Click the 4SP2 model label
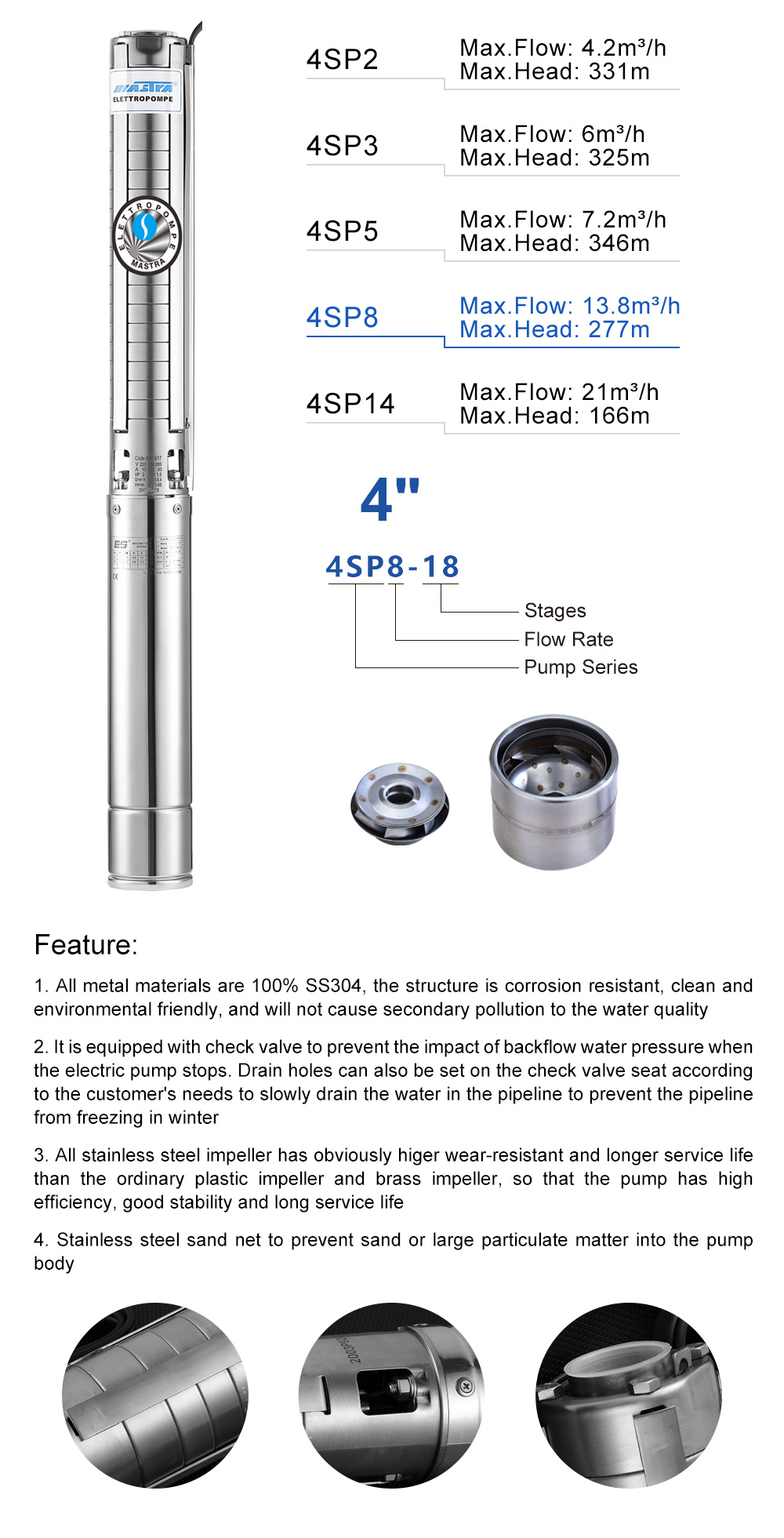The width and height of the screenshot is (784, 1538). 343,60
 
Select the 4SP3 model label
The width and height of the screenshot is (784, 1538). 343,146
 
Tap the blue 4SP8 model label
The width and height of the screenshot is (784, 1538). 343,318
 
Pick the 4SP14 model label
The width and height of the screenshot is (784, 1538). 350,404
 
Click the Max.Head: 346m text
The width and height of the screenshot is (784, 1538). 554,244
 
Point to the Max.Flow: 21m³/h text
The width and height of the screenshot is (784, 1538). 558,392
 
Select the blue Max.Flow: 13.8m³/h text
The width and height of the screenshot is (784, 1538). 569,306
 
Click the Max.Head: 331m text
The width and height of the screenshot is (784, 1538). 554,72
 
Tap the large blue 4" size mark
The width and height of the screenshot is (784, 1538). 390,500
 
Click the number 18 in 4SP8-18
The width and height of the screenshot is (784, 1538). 441,566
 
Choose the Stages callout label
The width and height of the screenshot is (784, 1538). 555,610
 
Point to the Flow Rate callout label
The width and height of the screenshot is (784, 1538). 568,639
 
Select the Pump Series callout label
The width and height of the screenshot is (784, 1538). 580,667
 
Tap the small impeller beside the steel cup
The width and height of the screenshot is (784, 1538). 400,803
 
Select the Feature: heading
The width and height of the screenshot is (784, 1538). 85,944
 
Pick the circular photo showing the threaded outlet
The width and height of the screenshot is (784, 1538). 628,1394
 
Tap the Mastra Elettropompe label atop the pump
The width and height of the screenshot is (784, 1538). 144,93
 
